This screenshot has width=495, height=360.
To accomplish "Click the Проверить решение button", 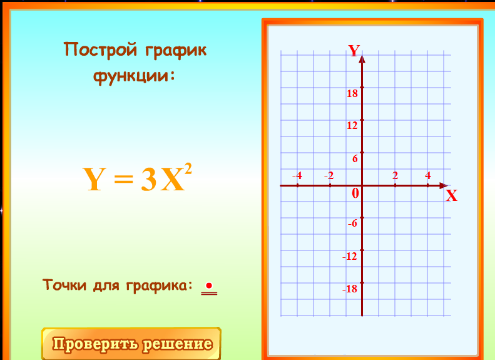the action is [131, 344].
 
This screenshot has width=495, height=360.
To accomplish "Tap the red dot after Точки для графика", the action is [208, 285].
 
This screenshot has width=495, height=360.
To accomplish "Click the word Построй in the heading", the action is [101, 49].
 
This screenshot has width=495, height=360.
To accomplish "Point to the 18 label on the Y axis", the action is [352, 93].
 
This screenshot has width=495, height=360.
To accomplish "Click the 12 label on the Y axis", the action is [352, 126].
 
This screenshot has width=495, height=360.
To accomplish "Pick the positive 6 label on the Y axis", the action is [355, 158].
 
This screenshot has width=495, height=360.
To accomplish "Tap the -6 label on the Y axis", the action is [352, 224].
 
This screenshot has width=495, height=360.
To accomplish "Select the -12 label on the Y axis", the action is [350, 256].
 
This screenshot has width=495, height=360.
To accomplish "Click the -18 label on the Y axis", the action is [350, 289].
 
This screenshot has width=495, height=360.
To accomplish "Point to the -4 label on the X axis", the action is [297, 175].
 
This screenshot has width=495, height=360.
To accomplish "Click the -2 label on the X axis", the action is [329, 175].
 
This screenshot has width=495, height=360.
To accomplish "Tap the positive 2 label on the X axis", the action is [395, 175].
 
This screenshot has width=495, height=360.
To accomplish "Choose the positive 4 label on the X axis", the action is [428, 175].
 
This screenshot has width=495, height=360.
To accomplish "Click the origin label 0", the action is [355, 193].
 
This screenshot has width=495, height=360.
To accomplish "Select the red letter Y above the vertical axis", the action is [354, 51].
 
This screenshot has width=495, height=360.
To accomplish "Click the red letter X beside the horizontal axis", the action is [451, 196].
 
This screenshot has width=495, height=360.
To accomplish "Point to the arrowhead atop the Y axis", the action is [362, 59].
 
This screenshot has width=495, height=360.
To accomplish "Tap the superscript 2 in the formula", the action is [188, 168].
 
